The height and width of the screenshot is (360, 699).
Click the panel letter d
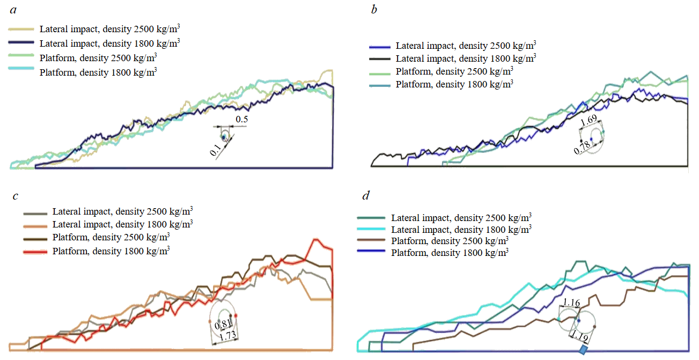tap(366, 196)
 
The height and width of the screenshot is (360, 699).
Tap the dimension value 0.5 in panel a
tap(242, 119)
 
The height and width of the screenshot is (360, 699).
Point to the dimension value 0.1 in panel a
tap(216, 148)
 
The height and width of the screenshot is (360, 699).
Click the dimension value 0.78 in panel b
tap(582, 148)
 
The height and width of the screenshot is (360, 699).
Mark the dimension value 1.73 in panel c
tap(227, 336)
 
